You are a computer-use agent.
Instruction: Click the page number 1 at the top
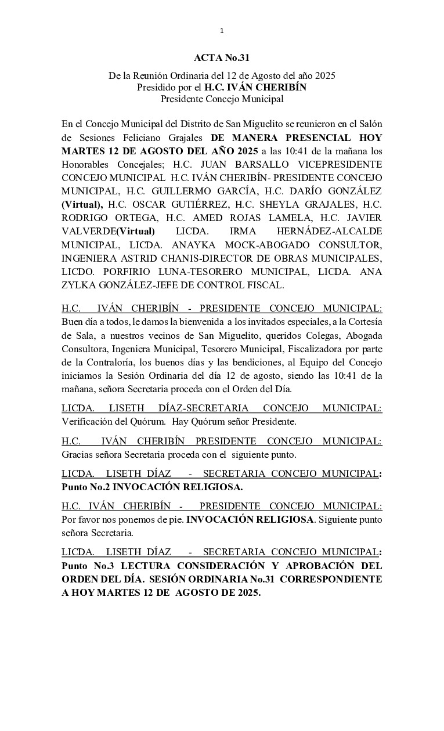pos(222,31)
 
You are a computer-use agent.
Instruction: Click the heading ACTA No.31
pos(222,58)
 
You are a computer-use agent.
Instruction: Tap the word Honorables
pos(87,164)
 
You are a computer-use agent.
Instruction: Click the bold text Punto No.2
pos(84,486)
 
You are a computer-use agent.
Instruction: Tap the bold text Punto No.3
pos(84,565)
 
